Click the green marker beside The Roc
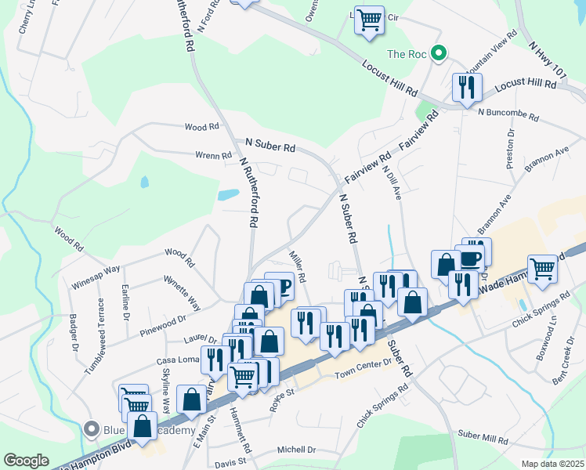pyautogui.click(x=439, y=54)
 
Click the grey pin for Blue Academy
pyautogui.click(x=92, y=428)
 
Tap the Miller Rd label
pyautogui.click(x=298, y=266)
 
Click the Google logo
pyautogui.click(x=27, y=461)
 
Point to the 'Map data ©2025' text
pyautogui.click(x=552, y=464)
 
